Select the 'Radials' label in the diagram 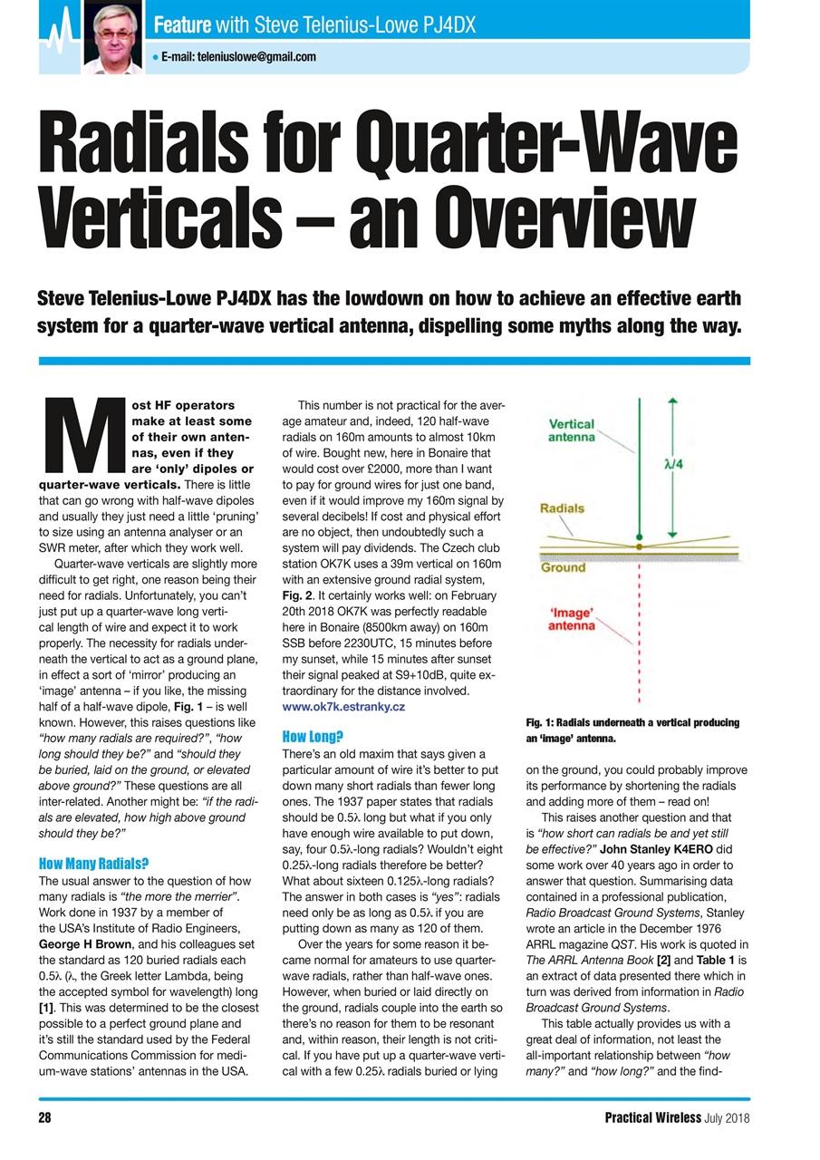coord(562,509)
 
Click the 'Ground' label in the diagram coord(563,568)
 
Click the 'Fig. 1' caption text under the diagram coord(632,730)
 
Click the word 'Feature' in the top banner coord(181,23)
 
